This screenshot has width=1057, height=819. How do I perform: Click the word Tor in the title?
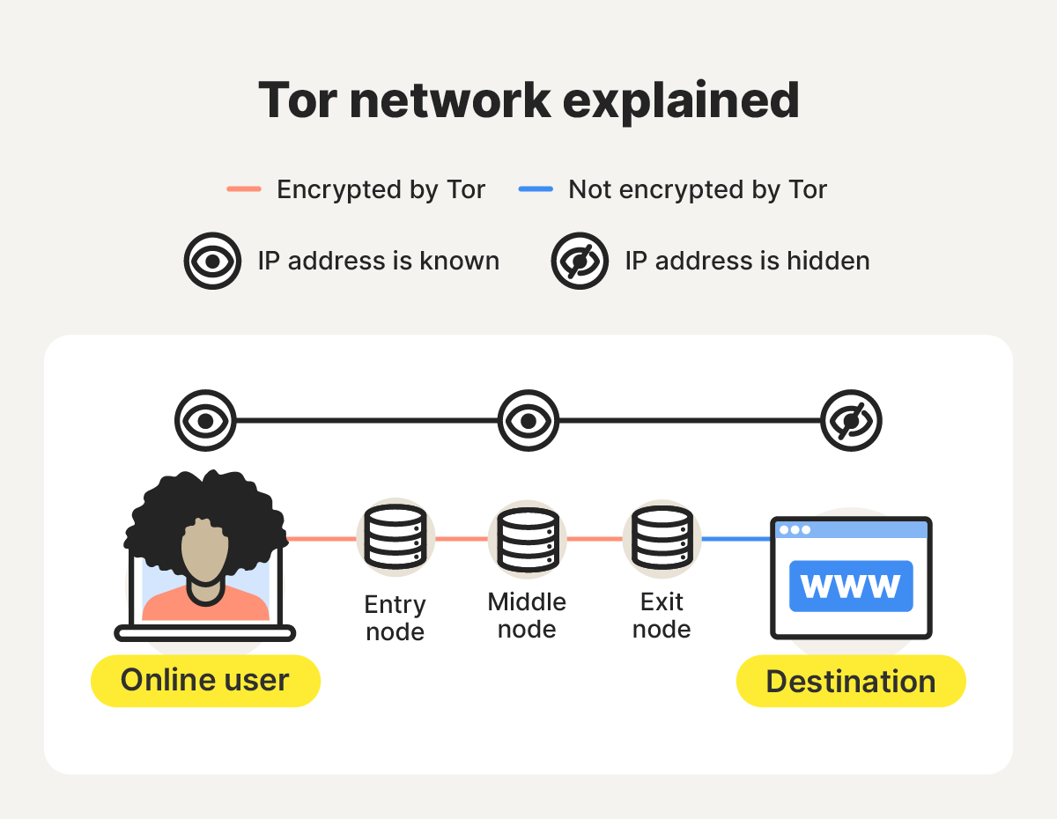coord(295,100)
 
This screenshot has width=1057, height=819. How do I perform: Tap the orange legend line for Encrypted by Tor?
coord(244,189)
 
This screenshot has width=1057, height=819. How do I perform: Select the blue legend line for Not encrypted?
coord(536,189)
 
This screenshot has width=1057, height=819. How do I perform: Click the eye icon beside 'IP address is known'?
coord(212,261)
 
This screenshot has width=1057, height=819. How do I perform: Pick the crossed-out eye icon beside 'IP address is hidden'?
coord(580,261)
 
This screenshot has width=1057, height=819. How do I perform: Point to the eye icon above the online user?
coord(205,421)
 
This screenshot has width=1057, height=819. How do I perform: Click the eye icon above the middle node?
coord(528,421)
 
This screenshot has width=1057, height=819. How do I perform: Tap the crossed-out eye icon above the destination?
coord(851,421)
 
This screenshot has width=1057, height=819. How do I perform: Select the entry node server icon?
coord(395,537)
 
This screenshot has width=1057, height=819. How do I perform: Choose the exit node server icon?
coord(662,537)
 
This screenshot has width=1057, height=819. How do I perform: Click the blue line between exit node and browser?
coord(735,539)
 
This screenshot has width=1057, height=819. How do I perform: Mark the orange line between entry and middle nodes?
coord(462,538)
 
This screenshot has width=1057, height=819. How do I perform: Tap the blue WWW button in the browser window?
coord(851,586)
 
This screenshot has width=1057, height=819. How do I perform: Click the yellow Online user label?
coord(205,681)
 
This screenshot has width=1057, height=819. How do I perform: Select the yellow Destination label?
coord(851,682)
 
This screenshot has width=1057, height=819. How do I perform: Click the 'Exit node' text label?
coord(662,616)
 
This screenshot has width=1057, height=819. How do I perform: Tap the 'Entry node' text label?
coord(395,618)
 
